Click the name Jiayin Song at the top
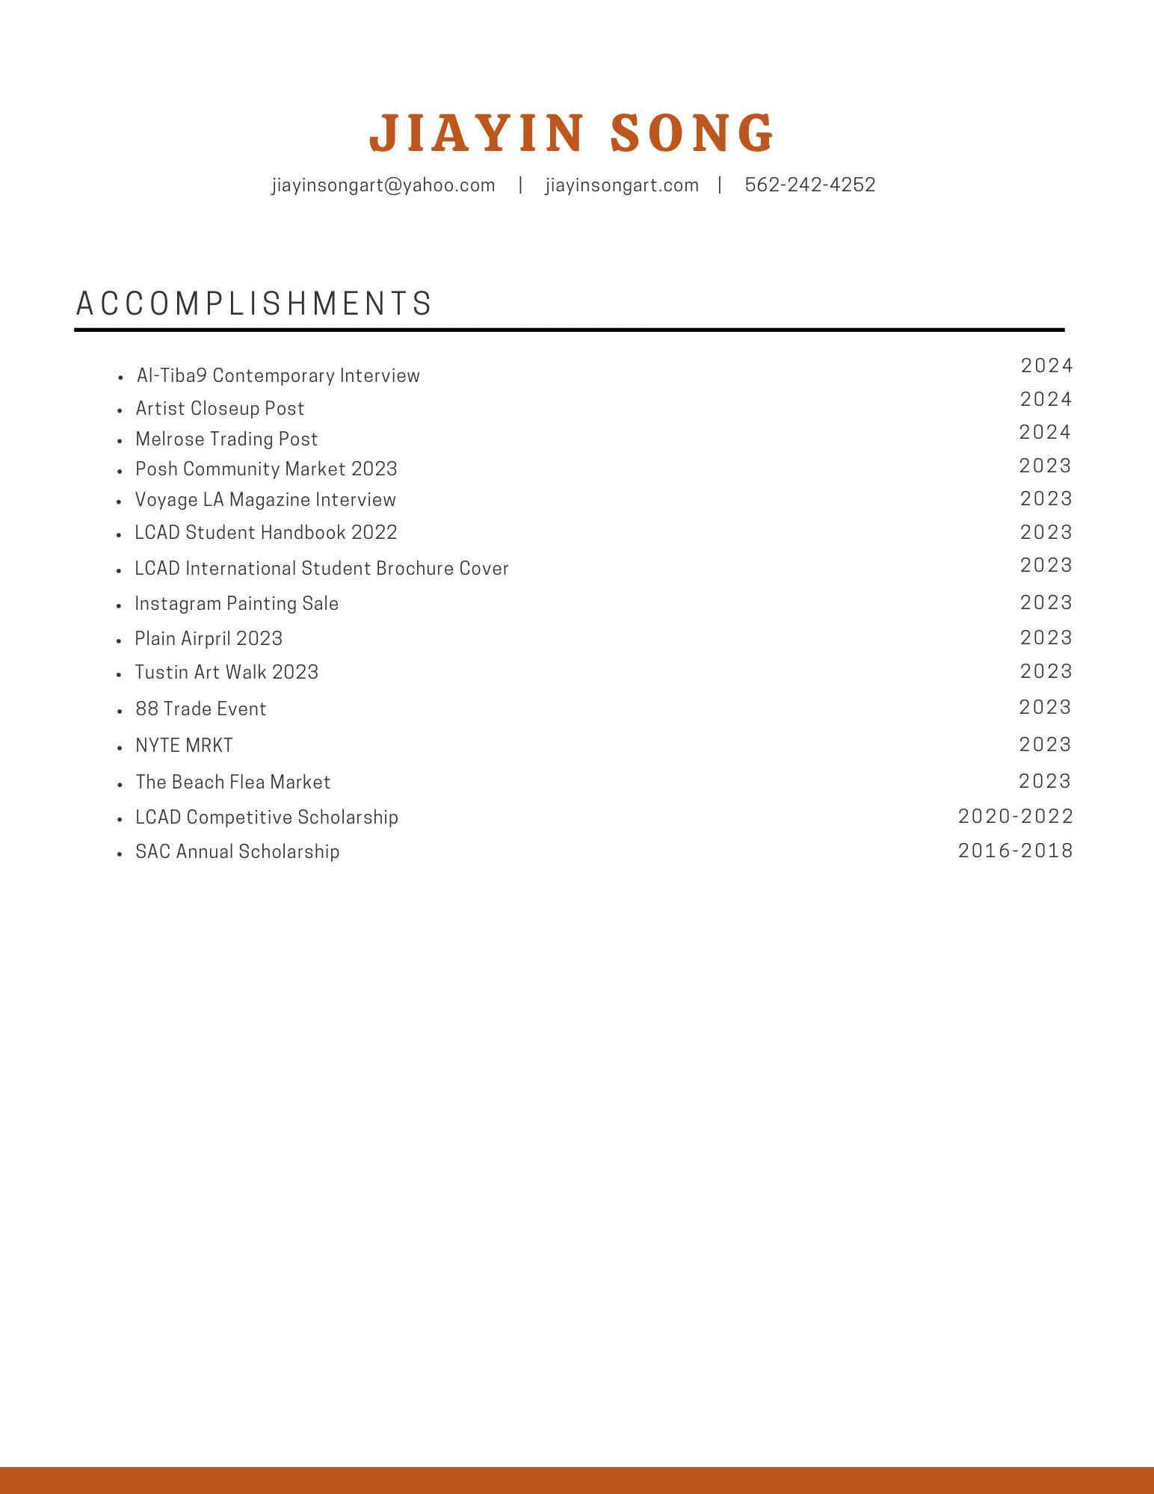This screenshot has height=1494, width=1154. pyautogui.click(x=573, y=133)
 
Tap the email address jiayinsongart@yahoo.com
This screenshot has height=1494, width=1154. pyautogui.click(x=383, y=185)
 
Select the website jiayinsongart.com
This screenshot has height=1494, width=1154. pyautogui.click(x=622, y=185)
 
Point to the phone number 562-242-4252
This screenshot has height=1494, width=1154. pyautogui.click(x=810, y=185)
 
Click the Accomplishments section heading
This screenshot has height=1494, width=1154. pyautogui.click(x=254, y=303)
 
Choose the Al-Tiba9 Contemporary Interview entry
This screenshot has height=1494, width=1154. pyautogui.click(x=278, y=375)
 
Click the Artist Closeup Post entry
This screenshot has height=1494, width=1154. pyautogui.click(x=220, y=408)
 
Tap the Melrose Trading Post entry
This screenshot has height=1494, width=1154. pyautogui.click(x=226, y=439)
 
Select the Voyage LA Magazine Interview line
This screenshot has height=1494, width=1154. pyautogui.click(x=265, y=499)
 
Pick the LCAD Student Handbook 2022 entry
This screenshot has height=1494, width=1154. pyautogui.click(x=266, y=532)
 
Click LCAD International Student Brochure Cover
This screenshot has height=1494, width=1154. pyautogui.click(x=321, y=568)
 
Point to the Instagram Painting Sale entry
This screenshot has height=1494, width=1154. pyautogui.click(x=236, y=603)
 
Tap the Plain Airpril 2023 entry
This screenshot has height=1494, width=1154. pyautogui.click(x=209, y=638)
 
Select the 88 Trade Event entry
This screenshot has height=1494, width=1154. pyautogui.click(x=200, y=709)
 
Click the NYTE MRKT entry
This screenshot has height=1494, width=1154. pyautogui.click(x=184, y=745)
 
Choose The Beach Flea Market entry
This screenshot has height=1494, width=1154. pyautogui.click(x=232, y=782)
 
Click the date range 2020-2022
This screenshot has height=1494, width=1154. pyautogui.click(x=1015, y=816)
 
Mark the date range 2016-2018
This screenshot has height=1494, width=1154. pyautogui.click(x=1015, y=851)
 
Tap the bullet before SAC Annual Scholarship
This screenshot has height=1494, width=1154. pyautogui.click(x=120, y=854)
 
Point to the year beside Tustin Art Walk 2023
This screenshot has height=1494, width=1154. pyautogui.click(x=1046, y=671)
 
